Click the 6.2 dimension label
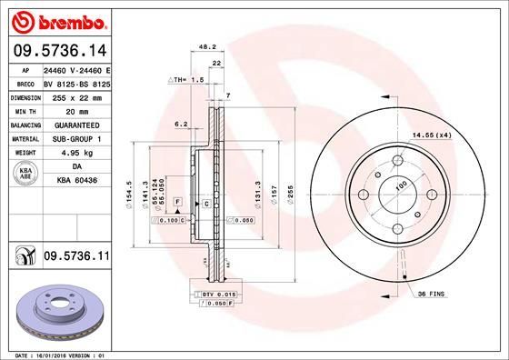(179, 124)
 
